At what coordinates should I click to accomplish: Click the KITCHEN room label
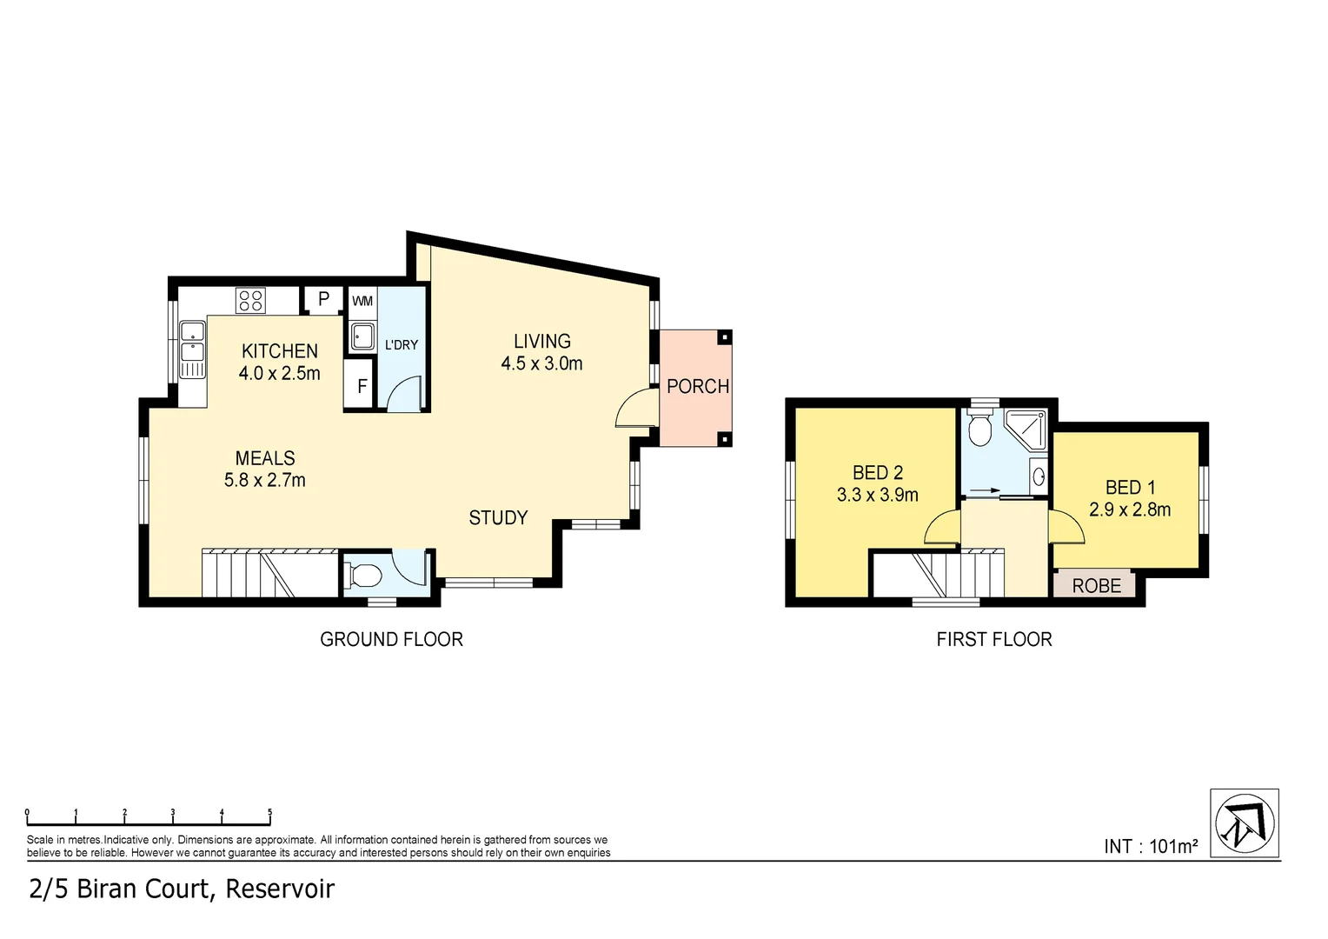(x=279, y=351)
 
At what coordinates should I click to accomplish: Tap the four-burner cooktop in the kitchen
(x=250, y=301)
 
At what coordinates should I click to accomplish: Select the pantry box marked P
(x=323, y=300)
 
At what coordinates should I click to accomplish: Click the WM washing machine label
(x=362, y=302)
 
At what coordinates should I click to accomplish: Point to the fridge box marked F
(x=362, y=386)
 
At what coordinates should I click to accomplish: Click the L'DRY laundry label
(x=402, y=345)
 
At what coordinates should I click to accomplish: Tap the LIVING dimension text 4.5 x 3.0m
(x=541, y=364)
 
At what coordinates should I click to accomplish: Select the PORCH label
(x=697, y=386)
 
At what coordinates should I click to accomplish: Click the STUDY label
(x=498, y=518)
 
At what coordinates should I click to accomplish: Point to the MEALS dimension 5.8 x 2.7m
(x=265, y=480)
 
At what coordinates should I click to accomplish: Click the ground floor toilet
(x=363, y=575)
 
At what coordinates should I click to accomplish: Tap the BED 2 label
(x=877, y=473)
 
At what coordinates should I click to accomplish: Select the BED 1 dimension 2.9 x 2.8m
(x=1130, y=510)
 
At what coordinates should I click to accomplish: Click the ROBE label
(x=1096, y=586)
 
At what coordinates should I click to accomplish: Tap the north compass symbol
(x=1244, y=822)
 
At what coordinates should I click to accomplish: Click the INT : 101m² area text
(x=1151, y=846)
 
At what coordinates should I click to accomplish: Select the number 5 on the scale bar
(x=269, y=813)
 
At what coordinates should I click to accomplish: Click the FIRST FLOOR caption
(x=993, y=640)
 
